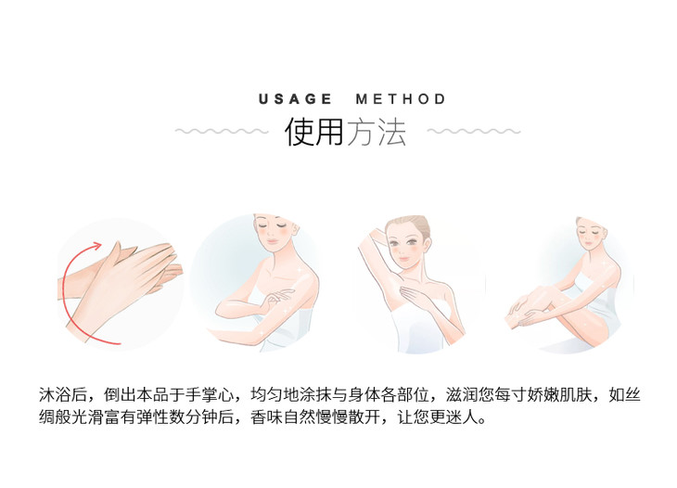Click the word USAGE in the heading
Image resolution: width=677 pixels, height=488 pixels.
coord(295,99)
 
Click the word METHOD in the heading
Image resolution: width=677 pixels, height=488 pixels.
coord(401,99)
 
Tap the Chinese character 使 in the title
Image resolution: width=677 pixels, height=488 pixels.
coord(299,132)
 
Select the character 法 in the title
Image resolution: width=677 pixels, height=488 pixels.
coord(392,132)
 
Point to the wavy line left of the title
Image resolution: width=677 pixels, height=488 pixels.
coord(222,131)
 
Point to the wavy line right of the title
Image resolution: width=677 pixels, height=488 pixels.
coord(474,131)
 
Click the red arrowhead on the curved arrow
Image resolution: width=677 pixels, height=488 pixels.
coord(96,247)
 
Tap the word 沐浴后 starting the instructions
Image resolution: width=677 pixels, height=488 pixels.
coord(63,394)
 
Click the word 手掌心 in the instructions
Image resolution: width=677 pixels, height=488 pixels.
coord(210,394)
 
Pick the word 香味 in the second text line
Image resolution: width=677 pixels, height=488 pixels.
coord(266,417)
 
